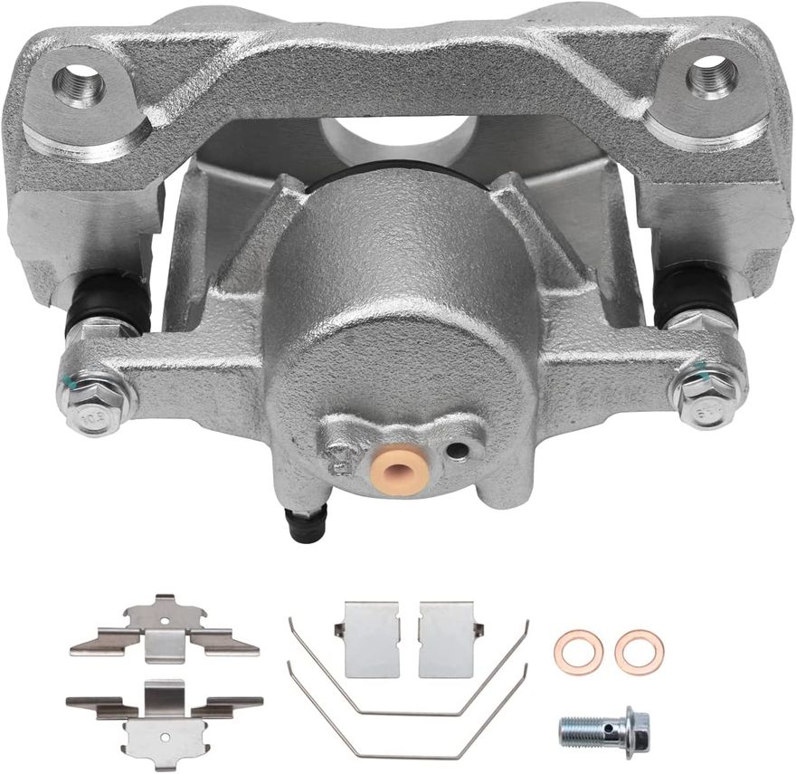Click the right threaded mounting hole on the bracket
tap(712, 76)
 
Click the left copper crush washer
tap(578, 652)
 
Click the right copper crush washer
tap(639, 652)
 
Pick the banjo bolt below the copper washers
tap(603, 728)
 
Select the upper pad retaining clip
tap(164, 629)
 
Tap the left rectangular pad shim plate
tap(372, 639)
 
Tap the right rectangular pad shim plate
tap(447, 639)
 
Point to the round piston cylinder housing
tap(398, 299)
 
